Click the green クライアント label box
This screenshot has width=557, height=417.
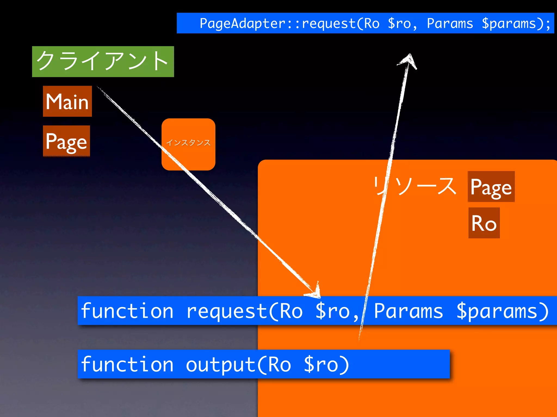point(103,62)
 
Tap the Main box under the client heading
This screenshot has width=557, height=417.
point(67,101)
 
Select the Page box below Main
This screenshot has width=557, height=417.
point(66,141)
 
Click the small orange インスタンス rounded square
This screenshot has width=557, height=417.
point(188,144)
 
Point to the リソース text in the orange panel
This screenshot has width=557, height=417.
point(414,186)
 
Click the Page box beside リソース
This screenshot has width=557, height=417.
point(491,187)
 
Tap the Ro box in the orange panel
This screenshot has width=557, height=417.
point(484,223)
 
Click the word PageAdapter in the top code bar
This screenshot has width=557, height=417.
point(242,23)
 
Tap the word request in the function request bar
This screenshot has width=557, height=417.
point(227,311)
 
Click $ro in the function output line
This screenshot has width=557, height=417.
point(321,364)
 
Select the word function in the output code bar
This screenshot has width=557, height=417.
point(127,364)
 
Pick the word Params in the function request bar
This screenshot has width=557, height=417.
point(408,311)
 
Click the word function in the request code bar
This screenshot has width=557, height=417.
point(127,311)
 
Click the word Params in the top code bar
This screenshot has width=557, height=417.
point(450,23)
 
